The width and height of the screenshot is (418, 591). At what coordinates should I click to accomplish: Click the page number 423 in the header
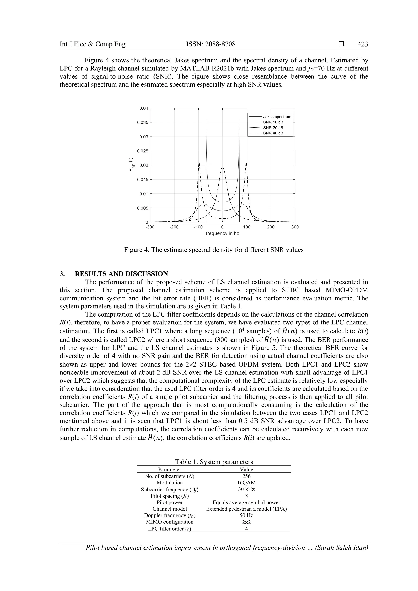coord(363,44)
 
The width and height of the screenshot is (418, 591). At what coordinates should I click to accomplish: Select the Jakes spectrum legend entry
coord(277,117)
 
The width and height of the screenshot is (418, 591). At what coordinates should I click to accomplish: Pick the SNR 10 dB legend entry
coord(273,122)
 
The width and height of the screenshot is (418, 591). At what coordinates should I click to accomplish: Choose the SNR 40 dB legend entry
coord(273,133)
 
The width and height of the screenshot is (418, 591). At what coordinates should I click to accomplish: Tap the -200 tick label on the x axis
coord(174,227)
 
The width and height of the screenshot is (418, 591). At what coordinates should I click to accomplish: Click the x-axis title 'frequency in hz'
coord(222,234)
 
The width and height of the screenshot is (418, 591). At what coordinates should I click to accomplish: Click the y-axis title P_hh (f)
coord(131,165)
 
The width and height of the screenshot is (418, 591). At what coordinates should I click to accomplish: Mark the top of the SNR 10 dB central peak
coord(223,167)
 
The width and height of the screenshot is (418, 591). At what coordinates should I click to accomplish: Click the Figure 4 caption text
coord(214,250)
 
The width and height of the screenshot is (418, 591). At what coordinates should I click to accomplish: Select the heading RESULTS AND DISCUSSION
coord(121,274)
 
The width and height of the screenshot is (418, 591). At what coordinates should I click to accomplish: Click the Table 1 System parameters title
coord(214,462)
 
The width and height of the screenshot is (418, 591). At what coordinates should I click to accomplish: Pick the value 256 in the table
coord(246,476)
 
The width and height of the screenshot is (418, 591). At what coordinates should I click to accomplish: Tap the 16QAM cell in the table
coord(246,483)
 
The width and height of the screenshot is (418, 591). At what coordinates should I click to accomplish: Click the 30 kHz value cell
coord(246,489)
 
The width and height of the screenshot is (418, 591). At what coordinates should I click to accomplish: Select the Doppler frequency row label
coord(170,515)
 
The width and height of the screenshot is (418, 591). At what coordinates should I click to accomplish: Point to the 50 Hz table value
coord(246,515)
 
